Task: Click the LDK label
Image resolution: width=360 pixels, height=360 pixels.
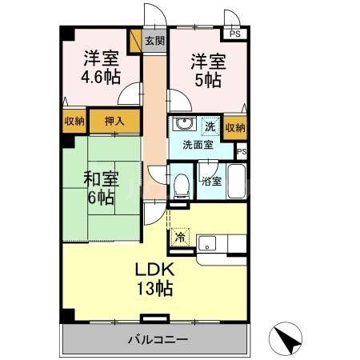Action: [152, 270]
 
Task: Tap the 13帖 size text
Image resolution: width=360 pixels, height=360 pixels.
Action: [152, 288]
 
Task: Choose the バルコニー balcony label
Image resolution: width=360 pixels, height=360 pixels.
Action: [158, 339]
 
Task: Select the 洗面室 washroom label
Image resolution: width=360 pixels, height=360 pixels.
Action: [196, 146]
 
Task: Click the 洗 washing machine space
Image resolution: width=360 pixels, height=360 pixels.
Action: [210, 126]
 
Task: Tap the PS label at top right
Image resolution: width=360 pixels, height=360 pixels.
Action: [234, 34]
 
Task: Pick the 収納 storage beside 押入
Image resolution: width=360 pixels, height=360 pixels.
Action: [74, 122]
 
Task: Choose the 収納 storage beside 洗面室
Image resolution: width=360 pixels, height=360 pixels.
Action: [235, 128]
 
